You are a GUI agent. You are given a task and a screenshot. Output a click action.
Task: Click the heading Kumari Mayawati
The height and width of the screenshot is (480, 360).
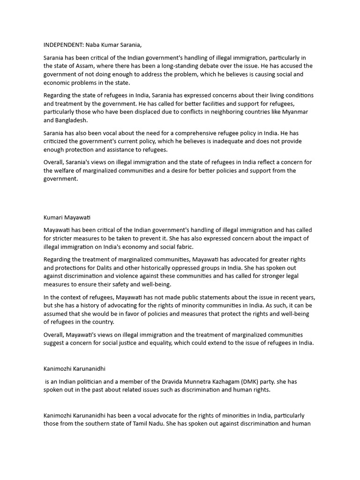(x=67, y=217)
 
